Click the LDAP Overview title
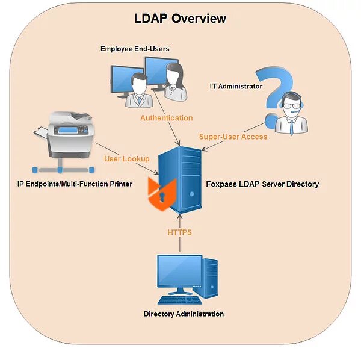tap(180, 19)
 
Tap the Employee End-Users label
tap(135, 49)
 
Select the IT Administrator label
tap(236, 86)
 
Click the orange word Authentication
tap(167, 118)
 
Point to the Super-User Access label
tap(233, 137)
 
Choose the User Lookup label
tap(127, 159)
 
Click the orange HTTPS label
tap(179, 232)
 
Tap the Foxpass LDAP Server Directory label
tap(262, 184)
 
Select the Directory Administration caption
tap(184, 314)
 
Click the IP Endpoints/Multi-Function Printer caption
tap(75, 184)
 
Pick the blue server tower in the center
tap(180, 179)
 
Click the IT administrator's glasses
tap(291, 106)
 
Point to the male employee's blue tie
tap(140, 100)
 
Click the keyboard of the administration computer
tap(180, 300)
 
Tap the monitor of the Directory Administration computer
tap(180, 272)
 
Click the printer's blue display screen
tap(68, 130)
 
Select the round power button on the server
tap(191, 194)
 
